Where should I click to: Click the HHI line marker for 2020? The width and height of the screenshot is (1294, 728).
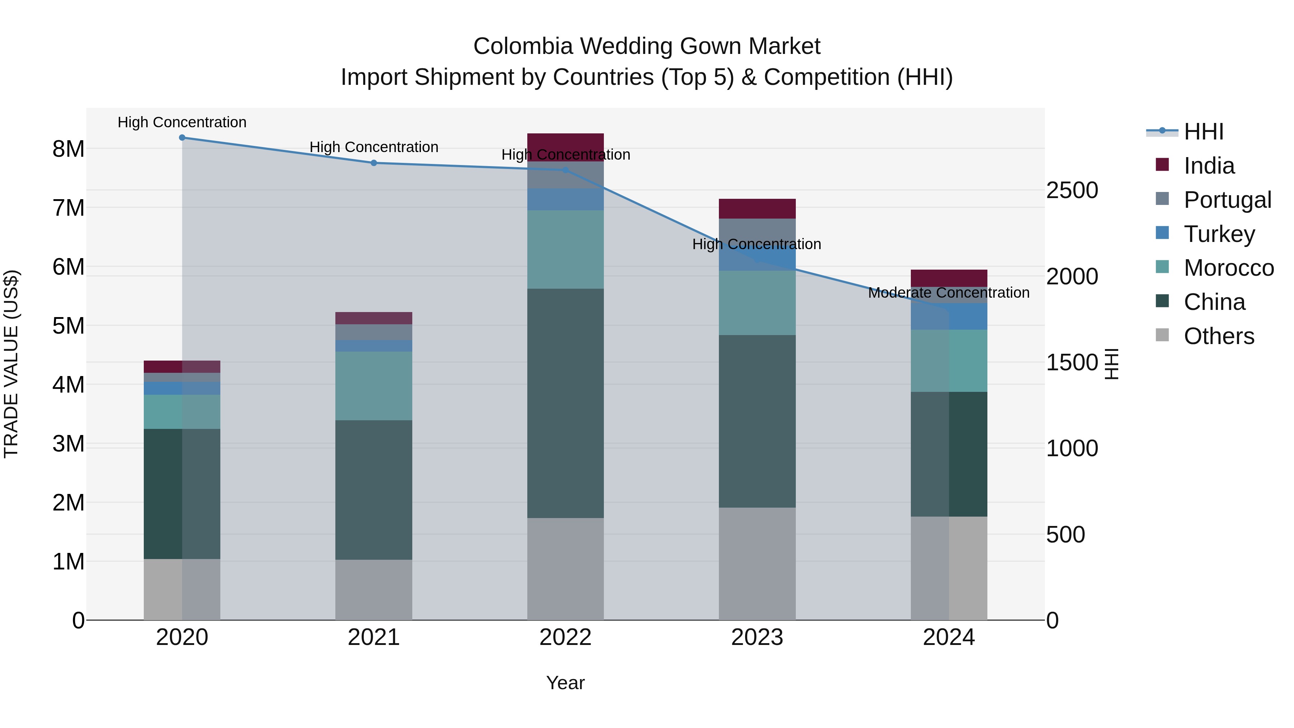tap(182, 138)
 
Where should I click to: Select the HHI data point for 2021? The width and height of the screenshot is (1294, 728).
tap(374, 163)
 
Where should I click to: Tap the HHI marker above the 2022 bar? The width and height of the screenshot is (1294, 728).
tap(566, 170)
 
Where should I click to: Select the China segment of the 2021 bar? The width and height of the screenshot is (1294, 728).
tap(374, 490)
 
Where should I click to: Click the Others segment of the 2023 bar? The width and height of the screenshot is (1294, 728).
tap(757, 564)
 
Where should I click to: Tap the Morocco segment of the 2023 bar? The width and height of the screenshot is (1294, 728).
tap(757, 303)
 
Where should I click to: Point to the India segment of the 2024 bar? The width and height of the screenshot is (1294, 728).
tap(949, 278)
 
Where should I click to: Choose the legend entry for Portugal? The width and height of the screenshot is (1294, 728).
tap(1227, 200)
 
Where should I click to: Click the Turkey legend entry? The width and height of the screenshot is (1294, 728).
tap(1219, 234)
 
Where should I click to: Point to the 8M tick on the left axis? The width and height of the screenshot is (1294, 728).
tap(68, 149)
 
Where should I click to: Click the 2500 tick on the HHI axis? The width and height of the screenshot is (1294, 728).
tap(1072, 191)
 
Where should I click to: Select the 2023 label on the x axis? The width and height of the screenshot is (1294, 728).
tap(757, 637)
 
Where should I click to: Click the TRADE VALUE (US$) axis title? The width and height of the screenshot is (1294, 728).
tap(11, 364)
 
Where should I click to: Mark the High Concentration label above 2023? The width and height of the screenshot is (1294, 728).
tap(757, 244)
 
